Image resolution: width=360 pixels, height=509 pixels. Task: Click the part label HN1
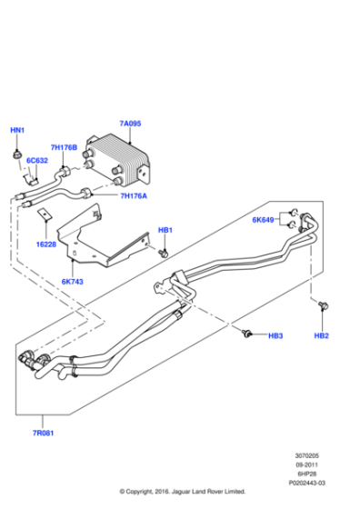tap(17, 131)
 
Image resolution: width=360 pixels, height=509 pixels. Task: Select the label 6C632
tap(37, 162)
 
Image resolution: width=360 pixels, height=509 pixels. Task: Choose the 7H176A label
tap(134, 195)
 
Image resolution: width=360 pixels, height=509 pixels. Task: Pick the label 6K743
tap(72, 282)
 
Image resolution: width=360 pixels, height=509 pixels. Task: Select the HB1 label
tap(165, 230)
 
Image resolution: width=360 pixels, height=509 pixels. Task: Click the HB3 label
tap(275, 336)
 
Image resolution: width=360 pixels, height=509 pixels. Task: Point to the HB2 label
tap(322, 336)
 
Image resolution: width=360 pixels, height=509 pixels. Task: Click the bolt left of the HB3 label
tap(246, 335)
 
